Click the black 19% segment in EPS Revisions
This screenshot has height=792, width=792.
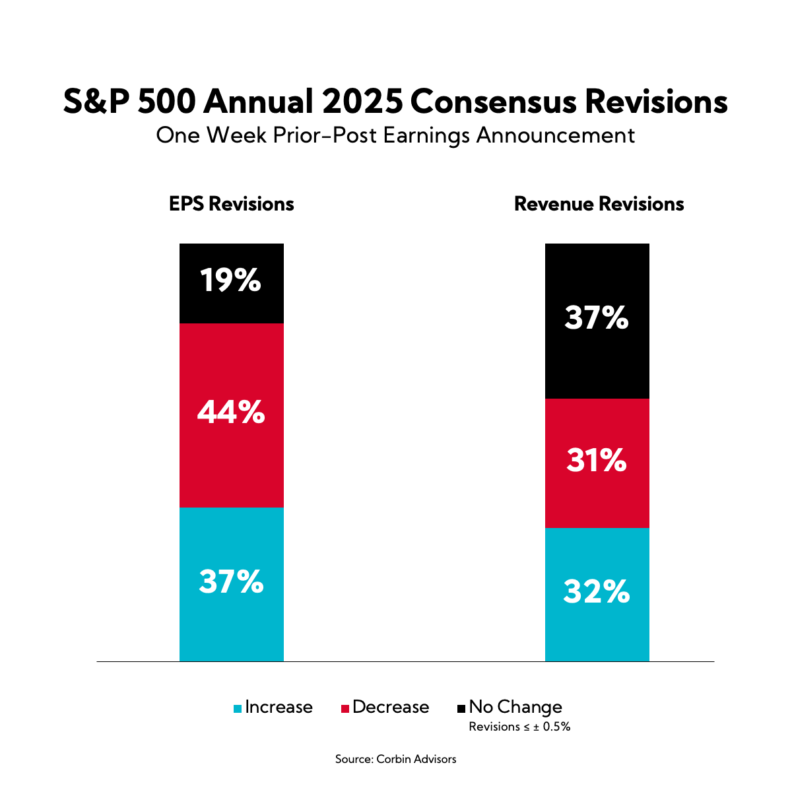tap(232, 283)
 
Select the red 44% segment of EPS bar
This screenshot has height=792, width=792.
tap(232, 415)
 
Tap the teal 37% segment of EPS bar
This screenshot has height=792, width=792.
tap(232, 584)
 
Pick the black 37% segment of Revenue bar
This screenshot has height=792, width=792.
tap(597, 321)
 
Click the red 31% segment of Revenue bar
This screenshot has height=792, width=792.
tap(597, 463)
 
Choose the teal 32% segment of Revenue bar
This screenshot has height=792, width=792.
tap(597, 594)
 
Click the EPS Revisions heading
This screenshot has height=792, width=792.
tap(232, 204)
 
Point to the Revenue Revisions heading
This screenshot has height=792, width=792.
tap(599, 204)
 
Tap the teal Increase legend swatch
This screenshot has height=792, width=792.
tap(238, 709)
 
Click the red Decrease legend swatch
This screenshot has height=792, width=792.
tap(345, 709)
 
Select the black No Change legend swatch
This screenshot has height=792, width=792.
tap(461, 709)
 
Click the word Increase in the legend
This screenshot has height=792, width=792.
tap(279, 708)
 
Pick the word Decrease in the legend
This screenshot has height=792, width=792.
tap(391, 708)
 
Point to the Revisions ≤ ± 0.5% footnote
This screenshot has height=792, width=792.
tap(519, 727)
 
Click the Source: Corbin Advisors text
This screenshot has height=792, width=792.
tap(395, 759)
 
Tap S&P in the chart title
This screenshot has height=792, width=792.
tap(97, 102)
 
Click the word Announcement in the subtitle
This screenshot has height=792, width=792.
tap(556, 135)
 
